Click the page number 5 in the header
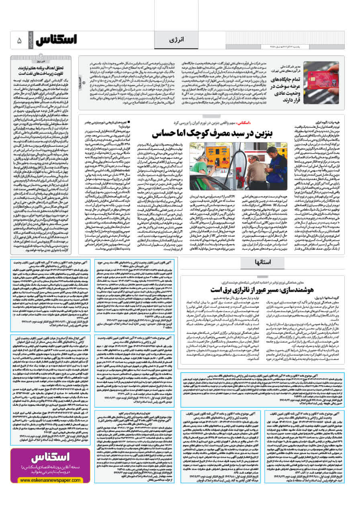point(19,40)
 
